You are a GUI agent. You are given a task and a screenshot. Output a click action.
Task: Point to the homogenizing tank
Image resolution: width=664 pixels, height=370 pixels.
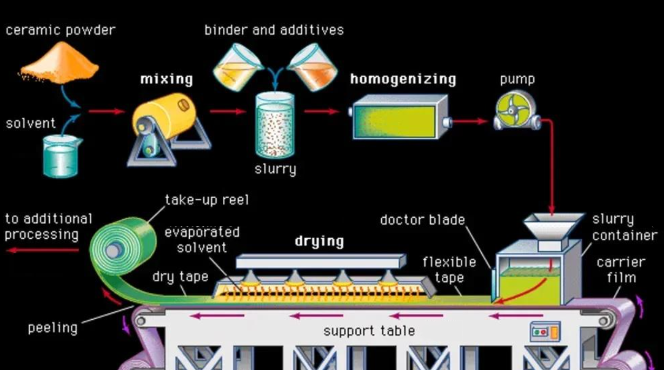click(x=399, y=117)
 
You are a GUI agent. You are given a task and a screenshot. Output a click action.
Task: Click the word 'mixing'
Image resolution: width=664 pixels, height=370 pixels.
click(x=167, y=79)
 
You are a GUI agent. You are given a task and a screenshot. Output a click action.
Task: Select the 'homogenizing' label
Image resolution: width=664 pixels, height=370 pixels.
click(x=403, y=79)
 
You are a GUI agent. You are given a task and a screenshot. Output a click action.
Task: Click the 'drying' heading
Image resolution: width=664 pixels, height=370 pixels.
click(x=319, y=241)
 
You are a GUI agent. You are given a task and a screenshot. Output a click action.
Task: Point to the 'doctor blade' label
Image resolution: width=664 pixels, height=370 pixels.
click(x=422, y=220)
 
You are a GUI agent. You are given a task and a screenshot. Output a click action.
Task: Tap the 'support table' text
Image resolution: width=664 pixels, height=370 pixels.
click(x=369, y=331)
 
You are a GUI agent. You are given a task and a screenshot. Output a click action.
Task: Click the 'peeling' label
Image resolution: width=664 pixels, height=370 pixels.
click(x=52, y=328)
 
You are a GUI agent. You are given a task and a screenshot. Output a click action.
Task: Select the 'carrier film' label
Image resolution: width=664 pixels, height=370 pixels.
click(x=621, y=270)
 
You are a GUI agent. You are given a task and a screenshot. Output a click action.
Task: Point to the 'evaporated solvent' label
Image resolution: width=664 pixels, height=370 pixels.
click(x=202, y=240)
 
